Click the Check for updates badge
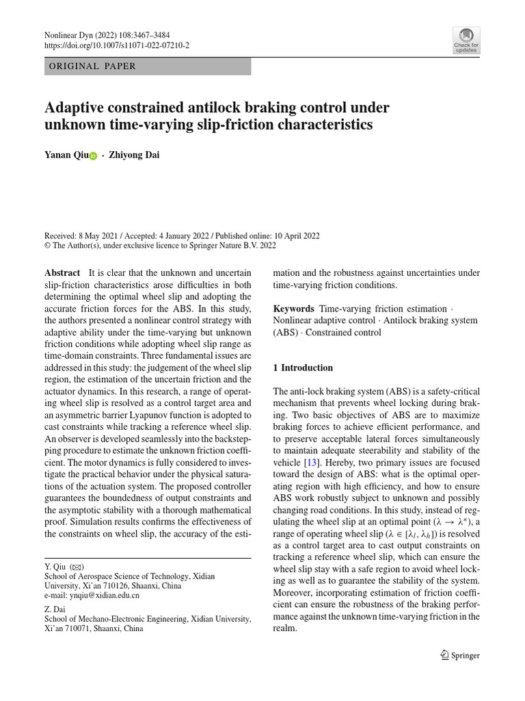(x=466, y=40)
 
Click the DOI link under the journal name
(x=117, y=45)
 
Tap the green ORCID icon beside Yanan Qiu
(x=93, y=156)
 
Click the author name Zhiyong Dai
(x=135, y=155)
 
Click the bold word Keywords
(x=293, y=309)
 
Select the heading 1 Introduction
(x=303, y=368)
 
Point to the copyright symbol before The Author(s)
(x=47, y=244)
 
